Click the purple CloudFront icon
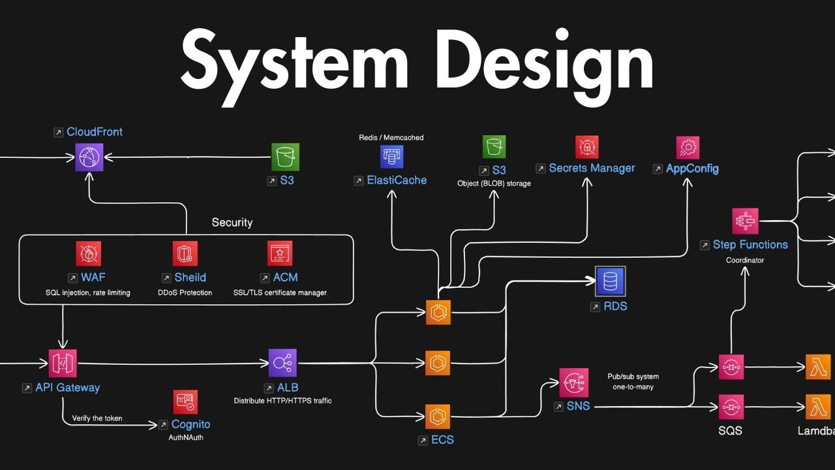(89, 157)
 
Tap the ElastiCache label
(397, 180)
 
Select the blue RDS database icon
(610, 281)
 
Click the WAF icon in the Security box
(88, 254)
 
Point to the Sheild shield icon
(185, 254)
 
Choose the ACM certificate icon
(280, 254)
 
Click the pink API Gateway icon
(63, 364)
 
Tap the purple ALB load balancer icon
(282, 363)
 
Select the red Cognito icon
(185, 401)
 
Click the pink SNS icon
(574, 383)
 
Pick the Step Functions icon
(745, 221)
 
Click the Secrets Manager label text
(592, 168)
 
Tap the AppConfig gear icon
(688, 148)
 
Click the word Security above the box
(232, 223)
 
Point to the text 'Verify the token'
(97, 418)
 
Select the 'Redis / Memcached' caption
(391, 138)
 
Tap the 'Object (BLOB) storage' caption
(494, 183)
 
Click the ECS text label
(442, 440)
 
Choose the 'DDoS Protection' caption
(185, 293)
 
